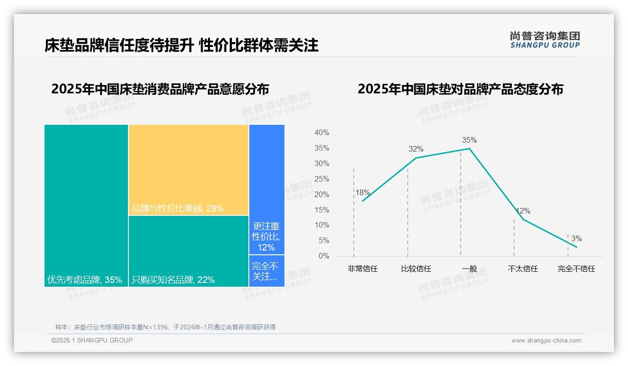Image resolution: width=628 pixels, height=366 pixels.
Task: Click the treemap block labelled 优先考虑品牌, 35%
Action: tap(86, 205)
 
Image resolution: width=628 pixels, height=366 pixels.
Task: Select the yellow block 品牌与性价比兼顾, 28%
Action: tap(188, 169)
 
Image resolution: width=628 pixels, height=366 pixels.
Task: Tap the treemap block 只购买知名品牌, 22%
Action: tap(188, 251)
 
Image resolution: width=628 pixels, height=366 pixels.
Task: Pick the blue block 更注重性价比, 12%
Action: tap(267, 190)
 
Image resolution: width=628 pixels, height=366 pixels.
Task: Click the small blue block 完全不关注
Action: tap(267, 271)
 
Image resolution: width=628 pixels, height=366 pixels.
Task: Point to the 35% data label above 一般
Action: tap(469, 140)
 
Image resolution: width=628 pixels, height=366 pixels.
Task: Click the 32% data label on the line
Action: tap(416, 149)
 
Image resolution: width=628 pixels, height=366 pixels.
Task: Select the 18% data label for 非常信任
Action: tap(362, 192)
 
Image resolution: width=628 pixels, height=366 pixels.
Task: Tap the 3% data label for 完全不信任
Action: tap(576, 239)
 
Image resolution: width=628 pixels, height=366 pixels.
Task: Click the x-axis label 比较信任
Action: tap(416, 269)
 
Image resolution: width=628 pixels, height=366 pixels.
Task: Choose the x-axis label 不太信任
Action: tap(523, 269)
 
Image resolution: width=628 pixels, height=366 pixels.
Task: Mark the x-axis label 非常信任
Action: tap(362, 269)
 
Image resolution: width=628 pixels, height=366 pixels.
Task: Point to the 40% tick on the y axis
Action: tap(321, 133)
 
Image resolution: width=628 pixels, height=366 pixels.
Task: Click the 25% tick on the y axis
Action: tap(321, 179)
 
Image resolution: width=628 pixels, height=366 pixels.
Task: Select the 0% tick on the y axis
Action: tap(324, 256)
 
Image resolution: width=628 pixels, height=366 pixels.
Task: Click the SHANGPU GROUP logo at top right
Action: tap(545, 40)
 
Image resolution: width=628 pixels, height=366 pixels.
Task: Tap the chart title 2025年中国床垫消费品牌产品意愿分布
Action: tap(160, 89)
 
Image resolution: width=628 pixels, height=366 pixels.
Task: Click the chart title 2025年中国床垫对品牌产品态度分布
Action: tap(460, 89)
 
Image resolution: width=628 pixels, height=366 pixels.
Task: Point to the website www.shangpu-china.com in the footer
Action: tap(546, 341)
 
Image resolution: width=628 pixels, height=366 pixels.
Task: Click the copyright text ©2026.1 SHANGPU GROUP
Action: tap(92, 340)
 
